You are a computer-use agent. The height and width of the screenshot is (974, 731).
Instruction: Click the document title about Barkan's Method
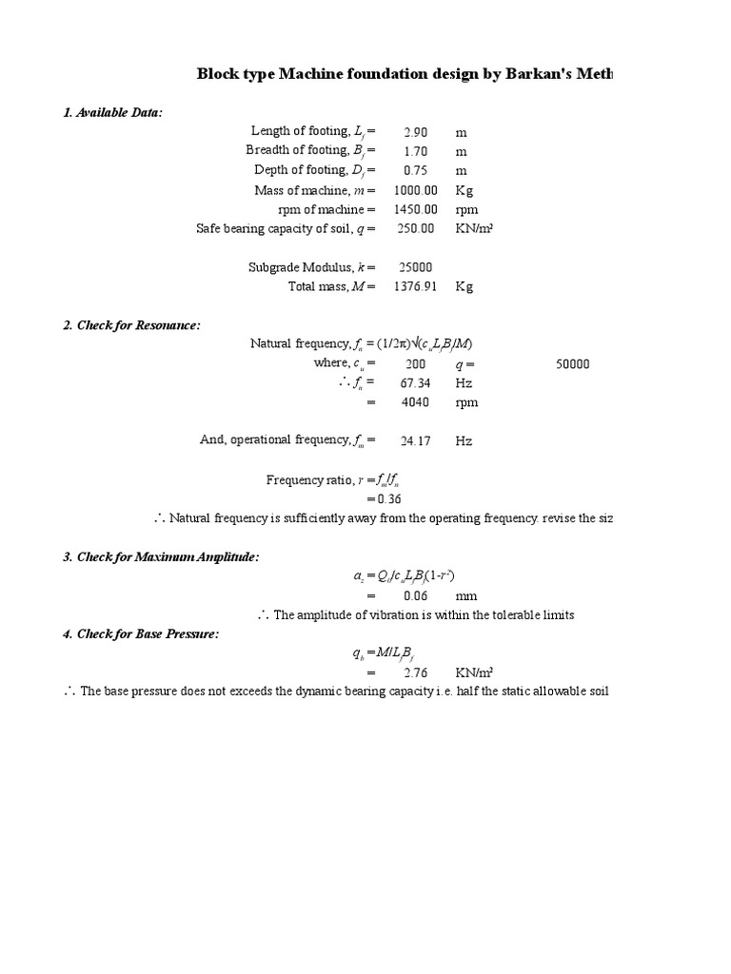405,73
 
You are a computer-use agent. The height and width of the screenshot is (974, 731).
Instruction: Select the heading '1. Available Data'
112,113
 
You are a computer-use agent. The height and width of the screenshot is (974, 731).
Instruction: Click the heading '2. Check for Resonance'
131,325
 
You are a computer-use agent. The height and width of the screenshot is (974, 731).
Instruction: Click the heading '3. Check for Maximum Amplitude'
161,556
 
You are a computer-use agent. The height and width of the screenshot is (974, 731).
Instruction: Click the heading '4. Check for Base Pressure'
141,633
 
